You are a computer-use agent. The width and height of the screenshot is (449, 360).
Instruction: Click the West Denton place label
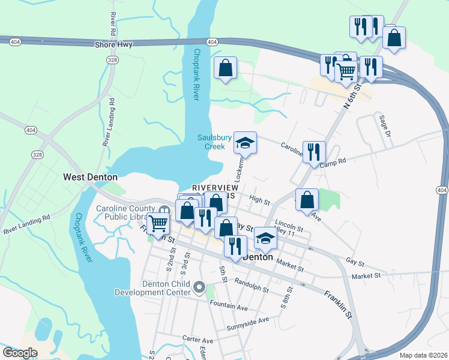(x=90, y=177)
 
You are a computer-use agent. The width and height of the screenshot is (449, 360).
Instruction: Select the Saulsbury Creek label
(x=215, y=142)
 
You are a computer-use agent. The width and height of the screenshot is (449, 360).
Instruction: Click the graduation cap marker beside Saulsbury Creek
(x=245, y=143)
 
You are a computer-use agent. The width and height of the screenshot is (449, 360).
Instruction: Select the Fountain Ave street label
(x=229, y=304)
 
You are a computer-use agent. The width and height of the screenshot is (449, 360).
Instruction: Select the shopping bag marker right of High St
(x=307, y=200)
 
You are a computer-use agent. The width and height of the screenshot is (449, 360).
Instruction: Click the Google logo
(x=20, y=352)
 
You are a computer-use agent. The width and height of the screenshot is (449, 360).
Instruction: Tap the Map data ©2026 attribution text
(x=423, y=355)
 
